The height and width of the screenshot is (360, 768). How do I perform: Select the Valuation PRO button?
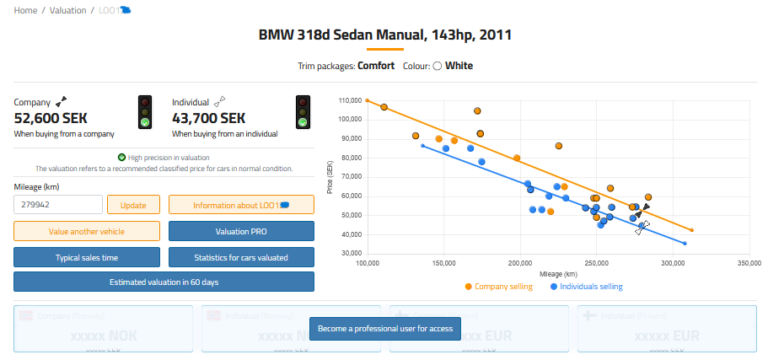click(x=241, y=231)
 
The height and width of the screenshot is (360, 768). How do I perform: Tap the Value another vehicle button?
click(x=86, y=231)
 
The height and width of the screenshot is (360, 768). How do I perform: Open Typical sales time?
click(x=86, y=257)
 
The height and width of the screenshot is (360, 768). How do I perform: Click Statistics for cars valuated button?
click(x=241, y=257)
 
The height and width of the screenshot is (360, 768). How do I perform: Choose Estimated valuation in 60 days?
click(x=164, y=282)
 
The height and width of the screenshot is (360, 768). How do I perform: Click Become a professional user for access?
click(x=385, y=328)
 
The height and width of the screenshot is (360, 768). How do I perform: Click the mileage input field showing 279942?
click(x=57, y=205)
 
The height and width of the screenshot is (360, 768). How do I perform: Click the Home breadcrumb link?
click(x=25, y=10)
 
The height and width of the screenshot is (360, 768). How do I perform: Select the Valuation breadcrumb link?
click(x=68, y=10)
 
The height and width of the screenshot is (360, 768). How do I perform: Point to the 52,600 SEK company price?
click(x=51, y=119)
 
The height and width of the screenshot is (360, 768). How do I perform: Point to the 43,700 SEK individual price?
click(x=208, y=119)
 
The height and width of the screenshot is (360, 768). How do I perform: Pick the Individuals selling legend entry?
click(x=591, y=287)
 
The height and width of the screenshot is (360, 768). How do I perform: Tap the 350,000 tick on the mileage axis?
click(x=749, y=263)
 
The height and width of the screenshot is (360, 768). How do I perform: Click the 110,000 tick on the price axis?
click(x=350, y=100)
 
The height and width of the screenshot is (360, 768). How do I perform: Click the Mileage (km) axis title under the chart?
click(x=558, y=274)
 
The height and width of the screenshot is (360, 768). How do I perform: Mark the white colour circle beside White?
click(x=438, y=66)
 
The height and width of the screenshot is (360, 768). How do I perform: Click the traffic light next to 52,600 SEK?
click(x=145, y=111)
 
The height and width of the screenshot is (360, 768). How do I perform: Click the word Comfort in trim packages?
click(x=376, y=66)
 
